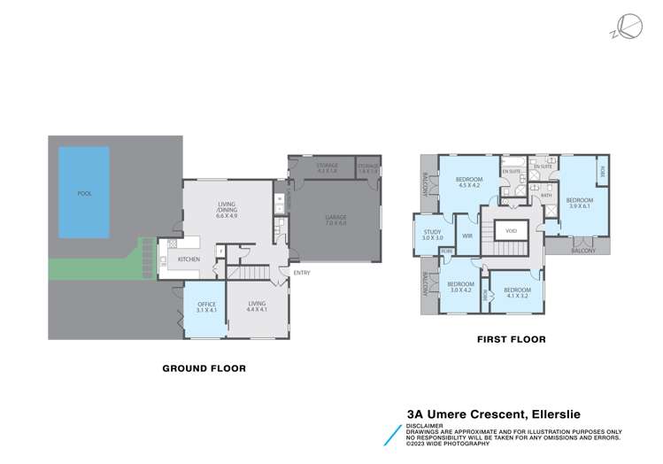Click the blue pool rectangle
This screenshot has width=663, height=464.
click(84, 192)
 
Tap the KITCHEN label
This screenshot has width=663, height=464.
click(189, 259)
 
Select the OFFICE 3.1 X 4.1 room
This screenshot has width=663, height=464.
click(206, 309)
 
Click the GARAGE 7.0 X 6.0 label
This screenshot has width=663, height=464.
click(335, 220)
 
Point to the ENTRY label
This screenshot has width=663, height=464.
click(302, 273)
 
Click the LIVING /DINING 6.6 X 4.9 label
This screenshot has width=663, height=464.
click(227, 210)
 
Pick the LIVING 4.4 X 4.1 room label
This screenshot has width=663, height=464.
click(258, 309)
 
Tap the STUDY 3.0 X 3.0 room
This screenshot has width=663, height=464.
click(432, 236)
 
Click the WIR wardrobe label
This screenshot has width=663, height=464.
click(467, 236)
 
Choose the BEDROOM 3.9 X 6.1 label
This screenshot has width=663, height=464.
click(579, 203)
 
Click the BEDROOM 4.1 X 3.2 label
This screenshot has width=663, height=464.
click(516, 293)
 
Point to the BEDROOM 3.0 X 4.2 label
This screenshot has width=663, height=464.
click(461, 288)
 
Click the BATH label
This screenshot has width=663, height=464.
click(546, 196)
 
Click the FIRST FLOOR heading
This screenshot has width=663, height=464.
click(511, 339)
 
